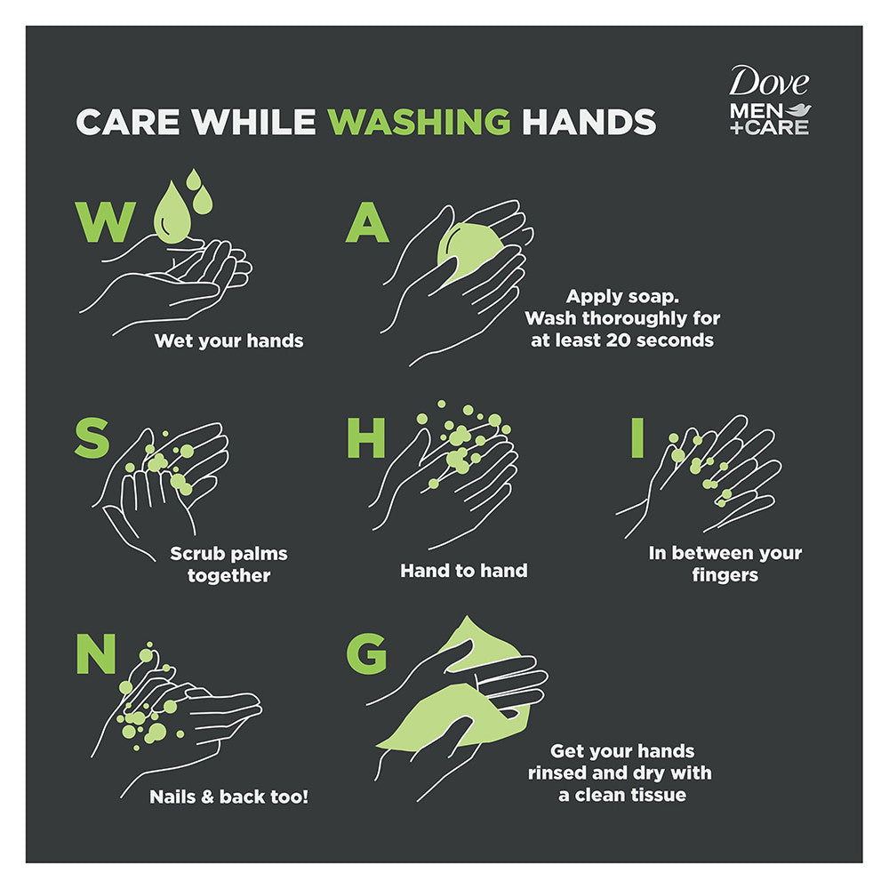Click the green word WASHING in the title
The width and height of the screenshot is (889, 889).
coord(419,121)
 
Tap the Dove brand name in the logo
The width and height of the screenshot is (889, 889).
coord(768,82)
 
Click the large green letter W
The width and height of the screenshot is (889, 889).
coord(106,221)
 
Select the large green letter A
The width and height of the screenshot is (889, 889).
coord(367,221)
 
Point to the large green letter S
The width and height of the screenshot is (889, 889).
coord(92,437)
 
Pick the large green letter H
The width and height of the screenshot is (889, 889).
coord(365,437)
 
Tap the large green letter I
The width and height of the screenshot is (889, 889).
coord(637,437)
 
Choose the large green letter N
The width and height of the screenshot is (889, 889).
coord(96,653)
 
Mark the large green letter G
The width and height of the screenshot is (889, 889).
coord(366,653)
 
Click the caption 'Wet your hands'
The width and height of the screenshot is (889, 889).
coord(229,340)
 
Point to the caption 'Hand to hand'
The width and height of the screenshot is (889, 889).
coord(464,571)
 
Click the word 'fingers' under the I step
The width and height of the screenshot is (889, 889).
coord(725,575)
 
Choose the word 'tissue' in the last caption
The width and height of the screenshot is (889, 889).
coord(658,795)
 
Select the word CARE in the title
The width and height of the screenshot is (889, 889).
coord(127,121)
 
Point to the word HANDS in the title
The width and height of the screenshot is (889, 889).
coord(589,121)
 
